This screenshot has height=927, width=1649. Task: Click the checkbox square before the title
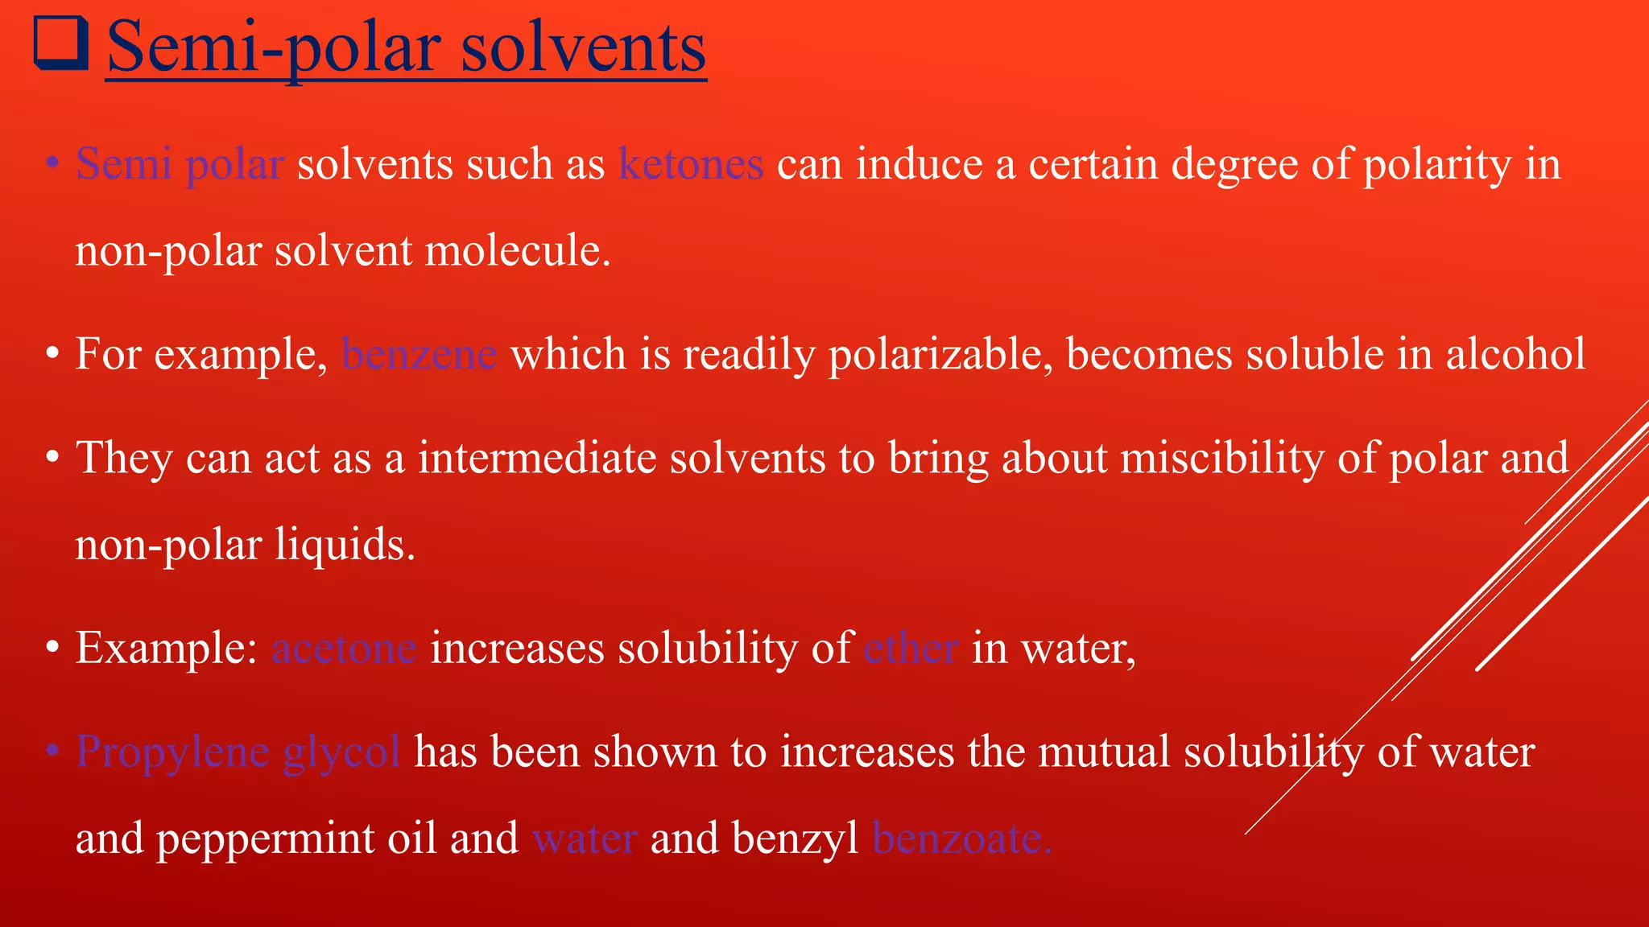pyautogui.click(x=60, y=45)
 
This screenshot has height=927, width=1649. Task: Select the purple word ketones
pyautogui.click(x=691, y=164)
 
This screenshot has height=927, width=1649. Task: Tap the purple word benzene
pyautogui.click(x=419, y=354)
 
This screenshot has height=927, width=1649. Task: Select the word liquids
pyautogui.click(x=345, y=545)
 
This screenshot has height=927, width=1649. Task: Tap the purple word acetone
pyautogui.click(x=344, y=648)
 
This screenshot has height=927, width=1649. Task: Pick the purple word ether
pyautogui.click(x=911, y=648)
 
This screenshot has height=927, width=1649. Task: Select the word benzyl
pyautogui.click(x=795, y=838)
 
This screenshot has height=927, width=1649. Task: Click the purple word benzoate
pyautogui.click(x=961, y=838)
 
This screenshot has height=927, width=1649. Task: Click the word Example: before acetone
pyautogui.click(x=166, y=648)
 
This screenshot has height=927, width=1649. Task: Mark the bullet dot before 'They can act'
pyautogui.click(x=53, y=459)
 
